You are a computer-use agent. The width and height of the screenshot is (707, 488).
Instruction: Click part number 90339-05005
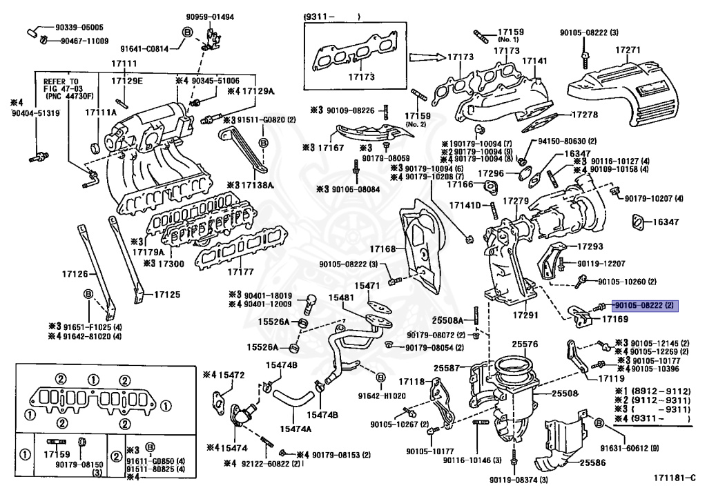tap(81, 27)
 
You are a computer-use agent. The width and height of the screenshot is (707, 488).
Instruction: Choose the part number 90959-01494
tap(209, 17)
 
